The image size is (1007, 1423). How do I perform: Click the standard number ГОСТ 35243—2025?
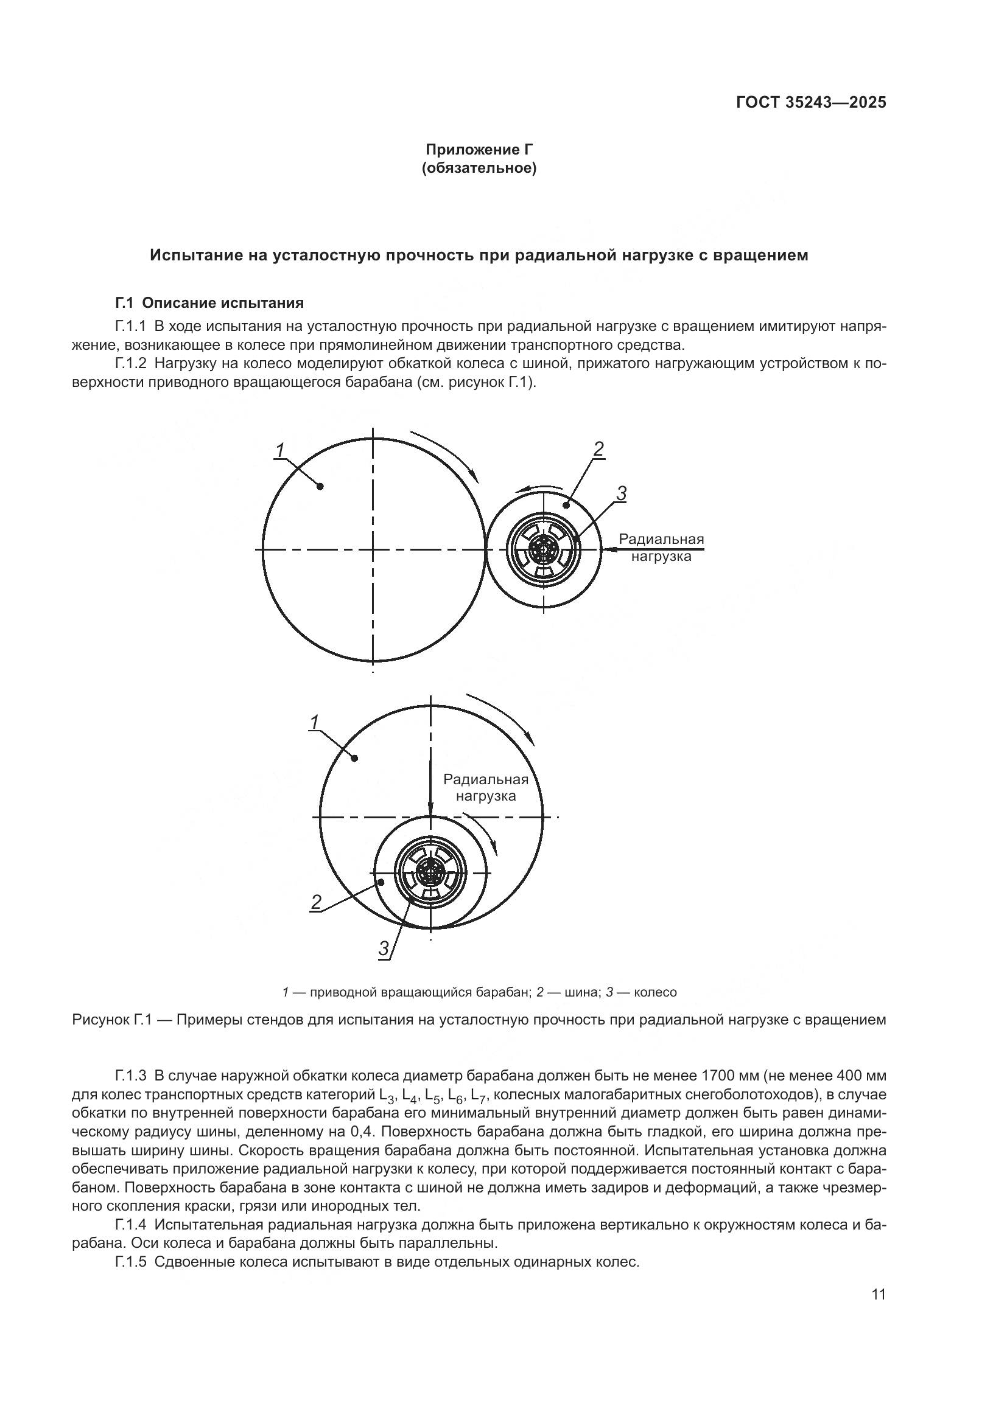point(810,103)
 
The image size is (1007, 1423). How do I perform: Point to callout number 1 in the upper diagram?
point(280,450)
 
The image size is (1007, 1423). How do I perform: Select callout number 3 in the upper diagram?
point(622,493)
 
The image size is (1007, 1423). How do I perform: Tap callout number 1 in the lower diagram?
point(314,722)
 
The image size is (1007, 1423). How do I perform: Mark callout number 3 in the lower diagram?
point(384,948)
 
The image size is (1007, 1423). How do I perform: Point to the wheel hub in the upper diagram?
point(544,549)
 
